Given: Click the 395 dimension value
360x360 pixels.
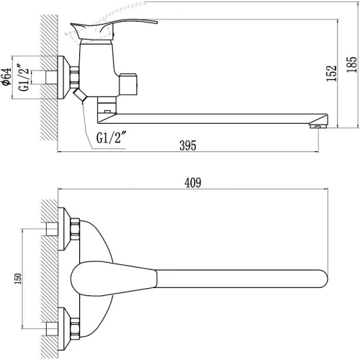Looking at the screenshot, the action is pos(188,145).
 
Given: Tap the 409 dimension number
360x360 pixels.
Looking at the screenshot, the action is pos(193,183).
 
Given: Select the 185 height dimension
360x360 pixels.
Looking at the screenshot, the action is pos(352,64).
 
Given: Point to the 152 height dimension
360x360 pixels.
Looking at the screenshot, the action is pos(332,73).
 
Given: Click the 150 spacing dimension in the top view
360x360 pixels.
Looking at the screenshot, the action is pos(18,279).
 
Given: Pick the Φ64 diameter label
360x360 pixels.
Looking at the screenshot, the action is pos(6,76).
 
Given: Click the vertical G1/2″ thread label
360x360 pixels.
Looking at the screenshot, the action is pos(24,77).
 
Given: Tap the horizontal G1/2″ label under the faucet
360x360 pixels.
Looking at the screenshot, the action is pos(112,138).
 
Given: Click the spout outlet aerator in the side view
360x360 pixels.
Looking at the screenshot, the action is pos(318,126).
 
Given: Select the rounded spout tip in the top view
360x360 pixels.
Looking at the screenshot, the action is pos(323,279).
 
